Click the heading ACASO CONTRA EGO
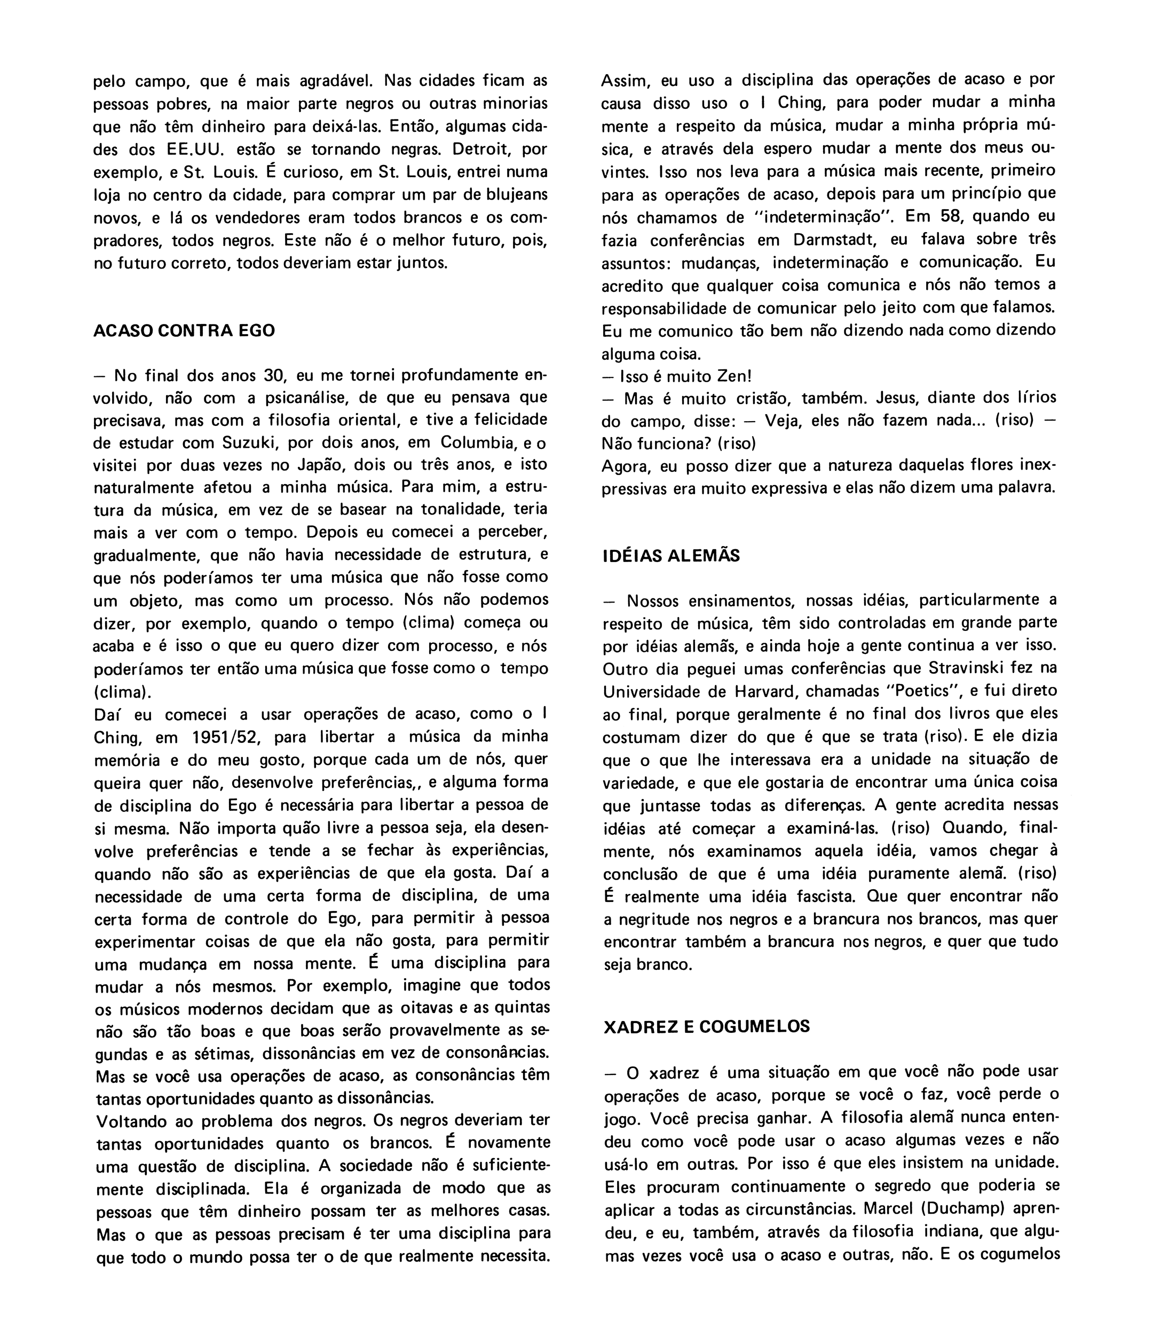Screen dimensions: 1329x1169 184,330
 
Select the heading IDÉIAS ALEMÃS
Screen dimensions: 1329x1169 671,556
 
